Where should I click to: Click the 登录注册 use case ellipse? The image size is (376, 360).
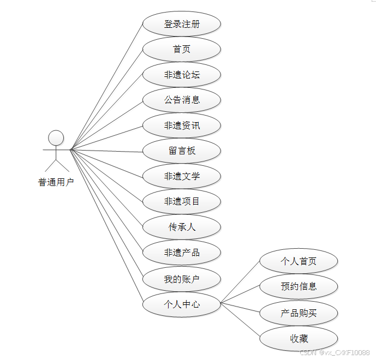click(x=182, y=24)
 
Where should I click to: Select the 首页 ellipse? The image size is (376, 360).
click(x=182, y=49)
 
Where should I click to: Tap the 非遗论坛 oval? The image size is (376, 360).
click(x=182, y=75)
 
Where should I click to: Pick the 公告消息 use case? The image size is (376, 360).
click(x=182, y=100)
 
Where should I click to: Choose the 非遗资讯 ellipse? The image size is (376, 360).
click(x=182, y=125)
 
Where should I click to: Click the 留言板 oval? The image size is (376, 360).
click(x=182, y=151)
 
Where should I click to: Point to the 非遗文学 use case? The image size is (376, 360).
click(x=182, y=176)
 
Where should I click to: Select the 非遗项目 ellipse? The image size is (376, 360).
click(x=182, y=201)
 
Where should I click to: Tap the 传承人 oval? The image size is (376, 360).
click(x=182, y=227)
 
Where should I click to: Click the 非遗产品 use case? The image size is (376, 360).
click(x=182, y=252)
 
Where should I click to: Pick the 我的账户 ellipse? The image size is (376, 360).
click(x=182, y=279)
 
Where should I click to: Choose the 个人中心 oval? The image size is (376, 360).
click(x=182, y=304)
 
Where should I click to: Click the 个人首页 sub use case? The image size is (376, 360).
click(x=299, y=261)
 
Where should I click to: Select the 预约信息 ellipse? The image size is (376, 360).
click(x=299, y=286)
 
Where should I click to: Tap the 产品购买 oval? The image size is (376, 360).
click(x=299, y=313)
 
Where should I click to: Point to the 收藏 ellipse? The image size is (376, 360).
click(x=299, y=339)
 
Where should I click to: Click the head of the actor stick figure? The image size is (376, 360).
click(x=56, y=137)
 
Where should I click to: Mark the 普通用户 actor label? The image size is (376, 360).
click(x=56, y=183)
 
